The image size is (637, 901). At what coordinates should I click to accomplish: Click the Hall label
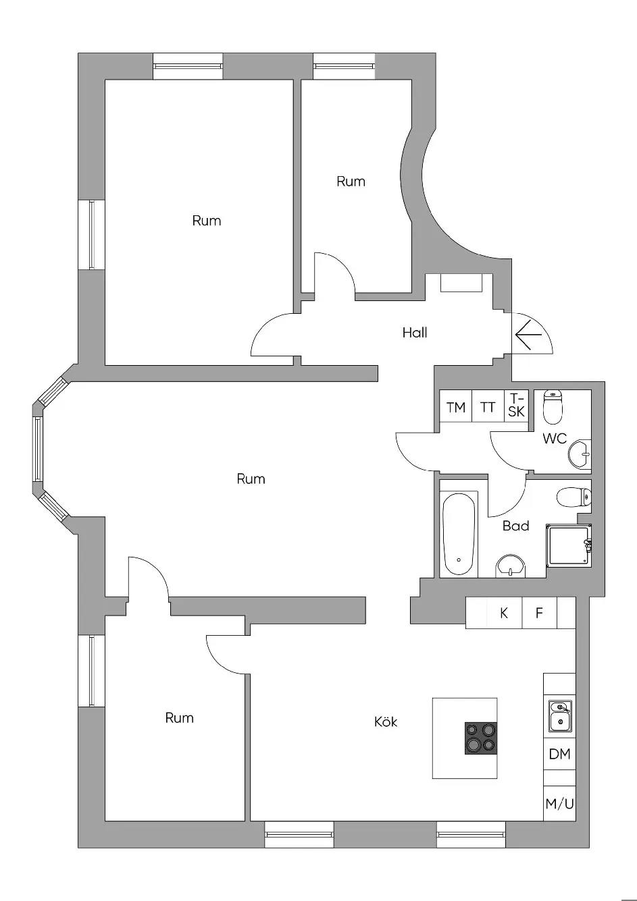[414, 332]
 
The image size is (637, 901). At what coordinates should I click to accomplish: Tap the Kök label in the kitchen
[385, 721]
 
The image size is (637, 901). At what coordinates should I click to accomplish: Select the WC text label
[555, 438]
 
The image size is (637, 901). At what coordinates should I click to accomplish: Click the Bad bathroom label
[515, 526]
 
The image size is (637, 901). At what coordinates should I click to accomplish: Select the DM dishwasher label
[559, 754]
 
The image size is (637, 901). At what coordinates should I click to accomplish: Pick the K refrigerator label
[504, 613]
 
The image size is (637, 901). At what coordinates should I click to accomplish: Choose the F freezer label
[539, 613]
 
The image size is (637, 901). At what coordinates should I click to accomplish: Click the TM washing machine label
[455, 408]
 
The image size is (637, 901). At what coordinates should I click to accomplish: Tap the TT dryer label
[488, 408]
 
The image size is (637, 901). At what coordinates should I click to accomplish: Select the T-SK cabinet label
[517, 405]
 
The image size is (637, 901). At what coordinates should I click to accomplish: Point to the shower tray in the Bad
[569, 545]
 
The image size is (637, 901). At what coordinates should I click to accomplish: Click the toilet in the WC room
[553, 407]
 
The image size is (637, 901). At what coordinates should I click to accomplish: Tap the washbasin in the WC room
[580, 454]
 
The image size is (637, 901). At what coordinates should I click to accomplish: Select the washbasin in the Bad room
[511, 566]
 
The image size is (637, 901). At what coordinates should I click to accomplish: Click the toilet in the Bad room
[574, 497]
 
